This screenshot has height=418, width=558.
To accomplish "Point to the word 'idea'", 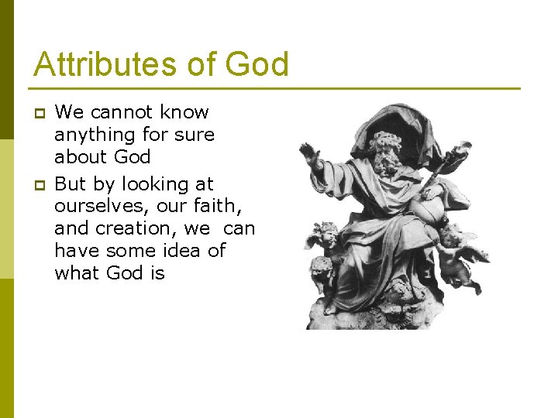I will click(x=186, y=251).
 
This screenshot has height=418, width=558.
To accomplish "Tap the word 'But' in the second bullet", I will click(x=71, y=184).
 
